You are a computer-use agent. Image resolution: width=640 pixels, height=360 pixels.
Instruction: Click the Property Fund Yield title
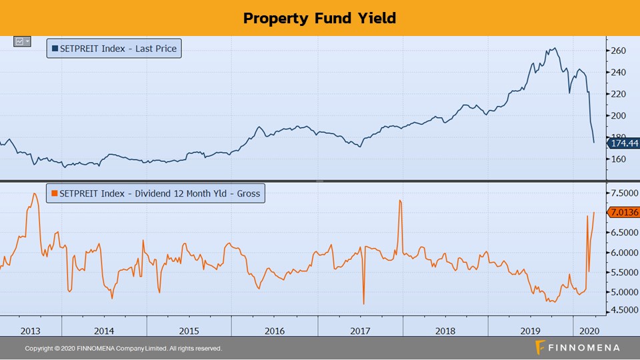319,18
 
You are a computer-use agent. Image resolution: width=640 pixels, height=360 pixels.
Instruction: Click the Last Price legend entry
114,49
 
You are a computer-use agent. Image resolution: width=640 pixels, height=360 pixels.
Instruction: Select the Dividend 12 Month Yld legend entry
155,194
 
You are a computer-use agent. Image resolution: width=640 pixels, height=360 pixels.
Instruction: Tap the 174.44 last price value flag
623,143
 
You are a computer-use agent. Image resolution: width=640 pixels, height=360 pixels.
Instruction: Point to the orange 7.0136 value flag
623,213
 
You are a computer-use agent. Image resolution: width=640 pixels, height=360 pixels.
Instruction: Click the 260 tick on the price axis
618,51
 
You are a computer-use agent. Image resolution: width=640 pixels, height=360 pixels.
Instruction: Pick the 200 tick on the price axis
618,115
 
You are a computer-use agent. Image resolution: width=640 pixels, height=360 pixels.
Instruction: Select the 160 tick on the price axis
618,159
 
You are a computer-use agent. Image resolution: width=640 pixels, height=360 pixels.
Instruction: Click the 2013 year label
31,331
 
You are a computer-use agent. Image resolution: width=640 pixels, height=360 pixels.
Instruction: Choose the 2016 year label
274,331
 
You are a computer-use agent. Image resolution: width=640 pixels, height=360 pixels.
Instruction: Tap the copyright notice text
123,349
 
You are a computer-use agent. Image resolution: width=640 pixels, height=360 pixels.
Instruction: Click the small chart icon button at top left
22,41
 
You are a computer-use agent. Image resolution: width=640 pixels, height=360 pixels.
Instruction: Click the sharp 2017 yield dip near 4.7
363,304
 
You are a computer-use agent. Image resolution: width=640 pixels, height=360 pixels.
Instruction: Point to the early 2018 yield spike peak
399,199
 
